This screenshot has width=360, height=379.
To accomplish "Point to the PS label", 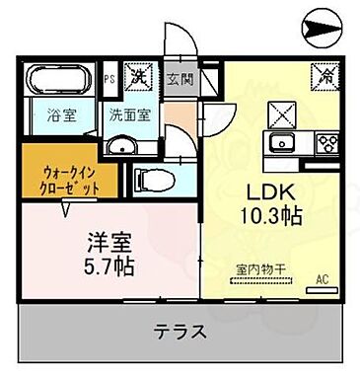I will (110, 74).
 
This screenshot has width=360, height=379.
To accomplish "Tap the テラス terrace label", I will (180, 333).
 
